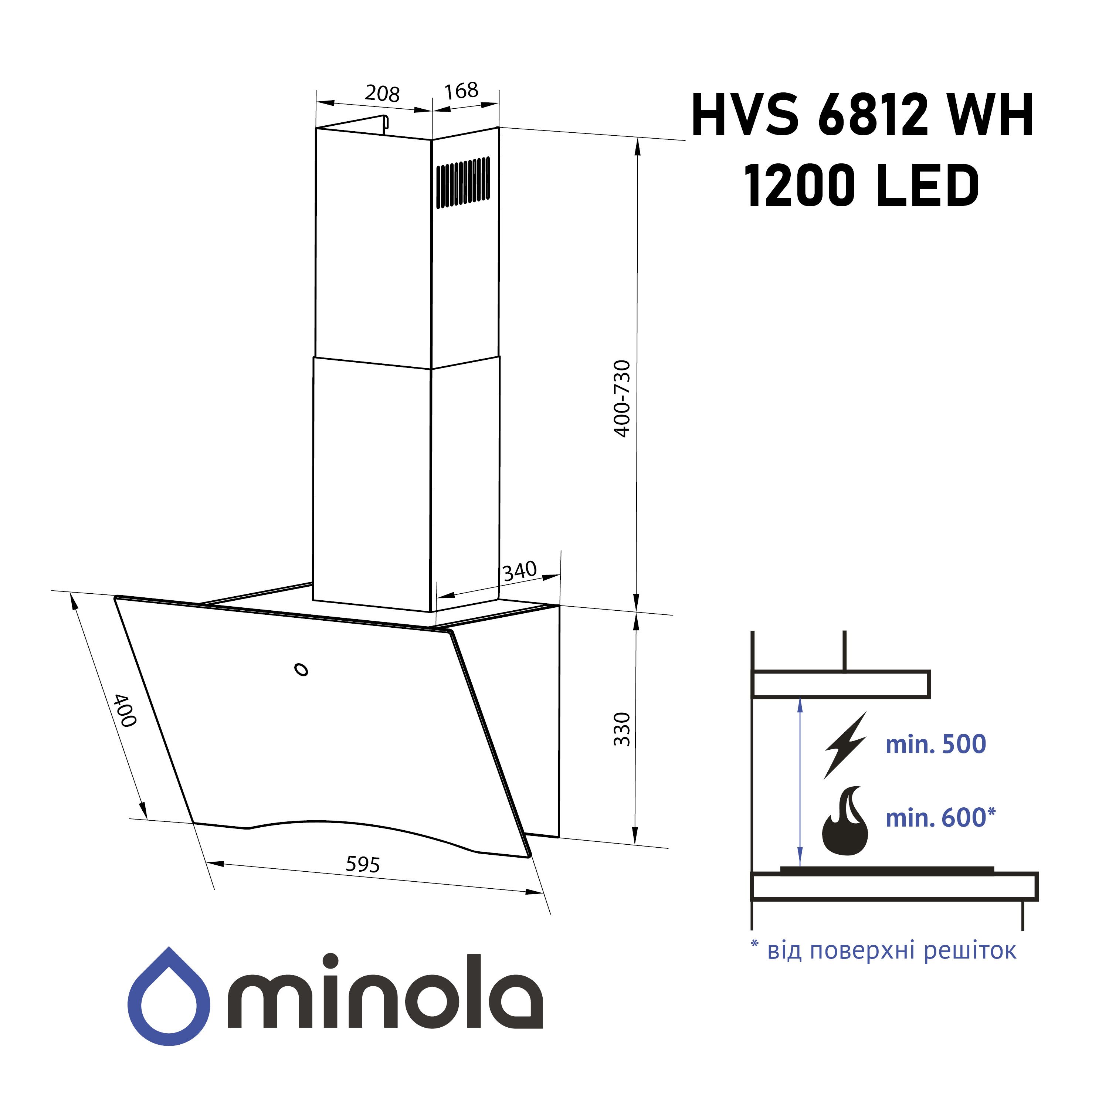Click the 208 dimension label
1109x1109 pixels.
click(x=382, y=94)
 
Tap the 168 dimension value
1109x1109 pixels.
click(x=461, y=90)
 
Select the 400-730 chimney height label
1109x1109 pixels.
click(x=622, y=399)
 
